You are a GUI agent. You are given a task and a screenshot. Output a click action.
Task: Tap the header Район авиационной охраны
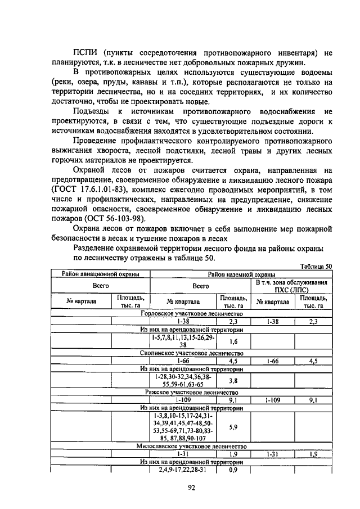pos(100,274)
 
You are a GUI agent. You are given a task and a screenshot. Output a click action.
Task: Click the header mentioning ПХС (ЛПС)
pos(291,286)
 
